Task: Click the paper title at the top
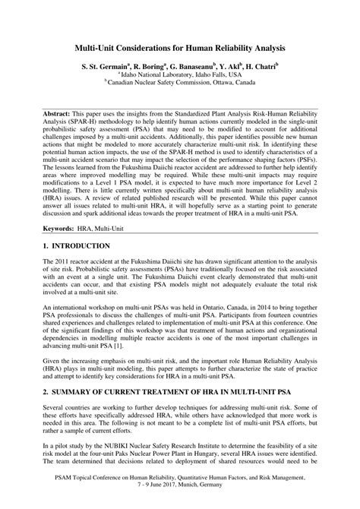[x=180, y=48]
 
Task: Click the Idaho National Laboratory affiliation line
[x=180, y=76]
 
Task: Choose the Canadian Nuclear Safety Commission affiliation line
[x=180, y=84]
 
